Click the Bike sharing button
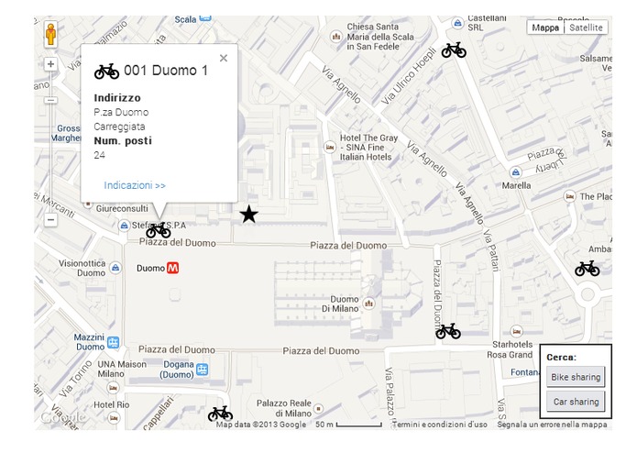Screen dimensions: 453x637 pos(575,377)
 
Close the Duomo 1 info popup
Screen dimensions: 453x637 pos(224,58)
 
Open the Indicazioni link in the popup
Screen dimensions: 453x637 pos(135,185)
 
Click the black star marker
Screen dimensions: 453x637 pos(248,215)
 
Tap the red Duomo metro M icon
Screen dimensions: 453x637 pos(172,268)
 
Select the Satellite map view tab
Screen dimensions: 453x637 pos(587,28)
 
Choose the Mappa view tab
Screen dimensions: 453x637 pos(545,28)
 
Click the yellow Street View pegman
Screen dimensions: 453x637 pos(51,36)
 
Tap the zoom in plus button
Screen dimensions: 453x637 pos(51,64)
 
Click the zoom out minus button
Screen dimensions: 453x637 pos(51,219)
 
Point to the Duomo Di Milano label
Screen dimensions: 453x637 pos(345,304)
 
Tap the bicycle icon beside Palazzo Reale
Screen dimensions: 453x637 pos(220,414)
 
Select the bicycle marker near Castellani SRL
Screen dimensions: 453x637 pos(454,50)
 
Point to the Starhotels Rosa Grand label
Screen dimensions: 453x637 pos(511,349)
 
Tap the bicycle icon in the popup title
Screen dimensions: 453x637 pos(107,71)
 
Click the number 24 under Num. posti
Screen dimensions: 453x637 pos(100,155)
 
